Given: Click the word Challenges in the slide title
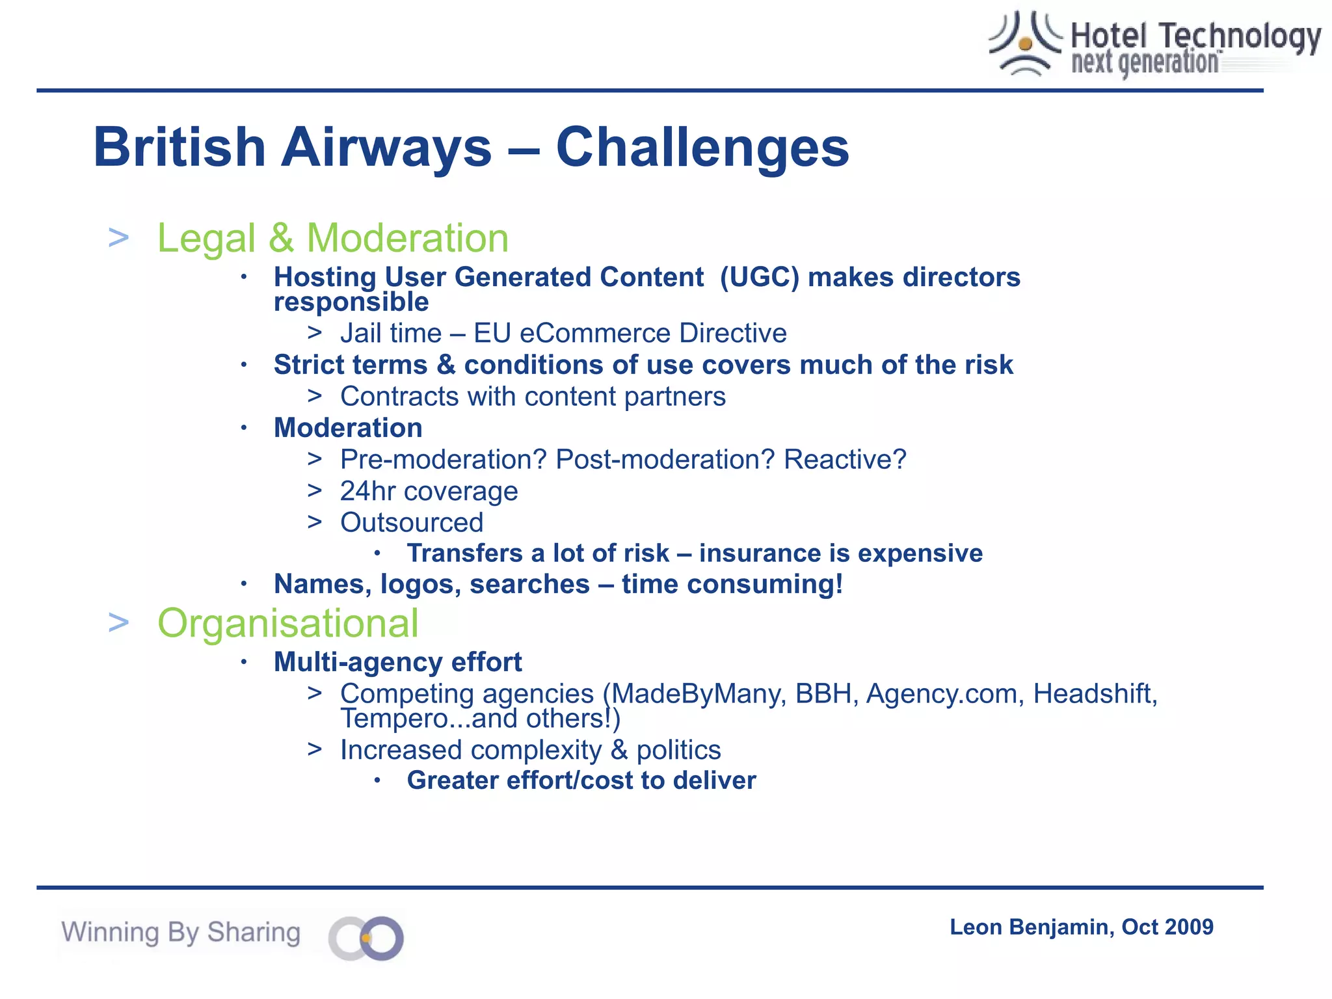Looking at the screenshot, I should click(x=702, y=148).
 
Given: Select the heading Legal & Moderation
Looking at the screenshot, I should click(x=332, y=238).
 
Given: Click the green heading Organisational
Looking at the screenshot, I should click(x=288, y=623).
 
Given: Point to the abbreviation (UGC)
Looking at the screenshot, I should click(x=759, y=278).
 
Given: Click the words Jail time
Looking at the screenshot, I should click(x=391, y=333).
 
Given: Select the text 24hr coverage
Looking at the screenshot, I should click(x=429, y=491).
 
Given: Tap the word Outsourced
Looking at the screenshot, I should click(x=412, y=522).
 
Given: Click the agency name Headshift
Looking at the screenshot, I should click(x=1095, y=694).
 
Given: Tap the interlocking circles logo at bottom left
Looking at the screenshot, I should click(x=366, y=938).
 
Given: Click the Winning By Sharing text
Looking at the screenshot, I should click(x=181, y=932).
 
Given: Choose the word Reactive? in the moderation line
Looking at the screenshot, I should click(x=844, y=460).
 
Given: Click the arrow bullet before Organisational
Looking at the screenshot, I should click(x=118, y=622).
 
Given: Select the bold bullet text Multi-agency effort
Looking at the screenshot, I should click(x=397, y=662).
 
